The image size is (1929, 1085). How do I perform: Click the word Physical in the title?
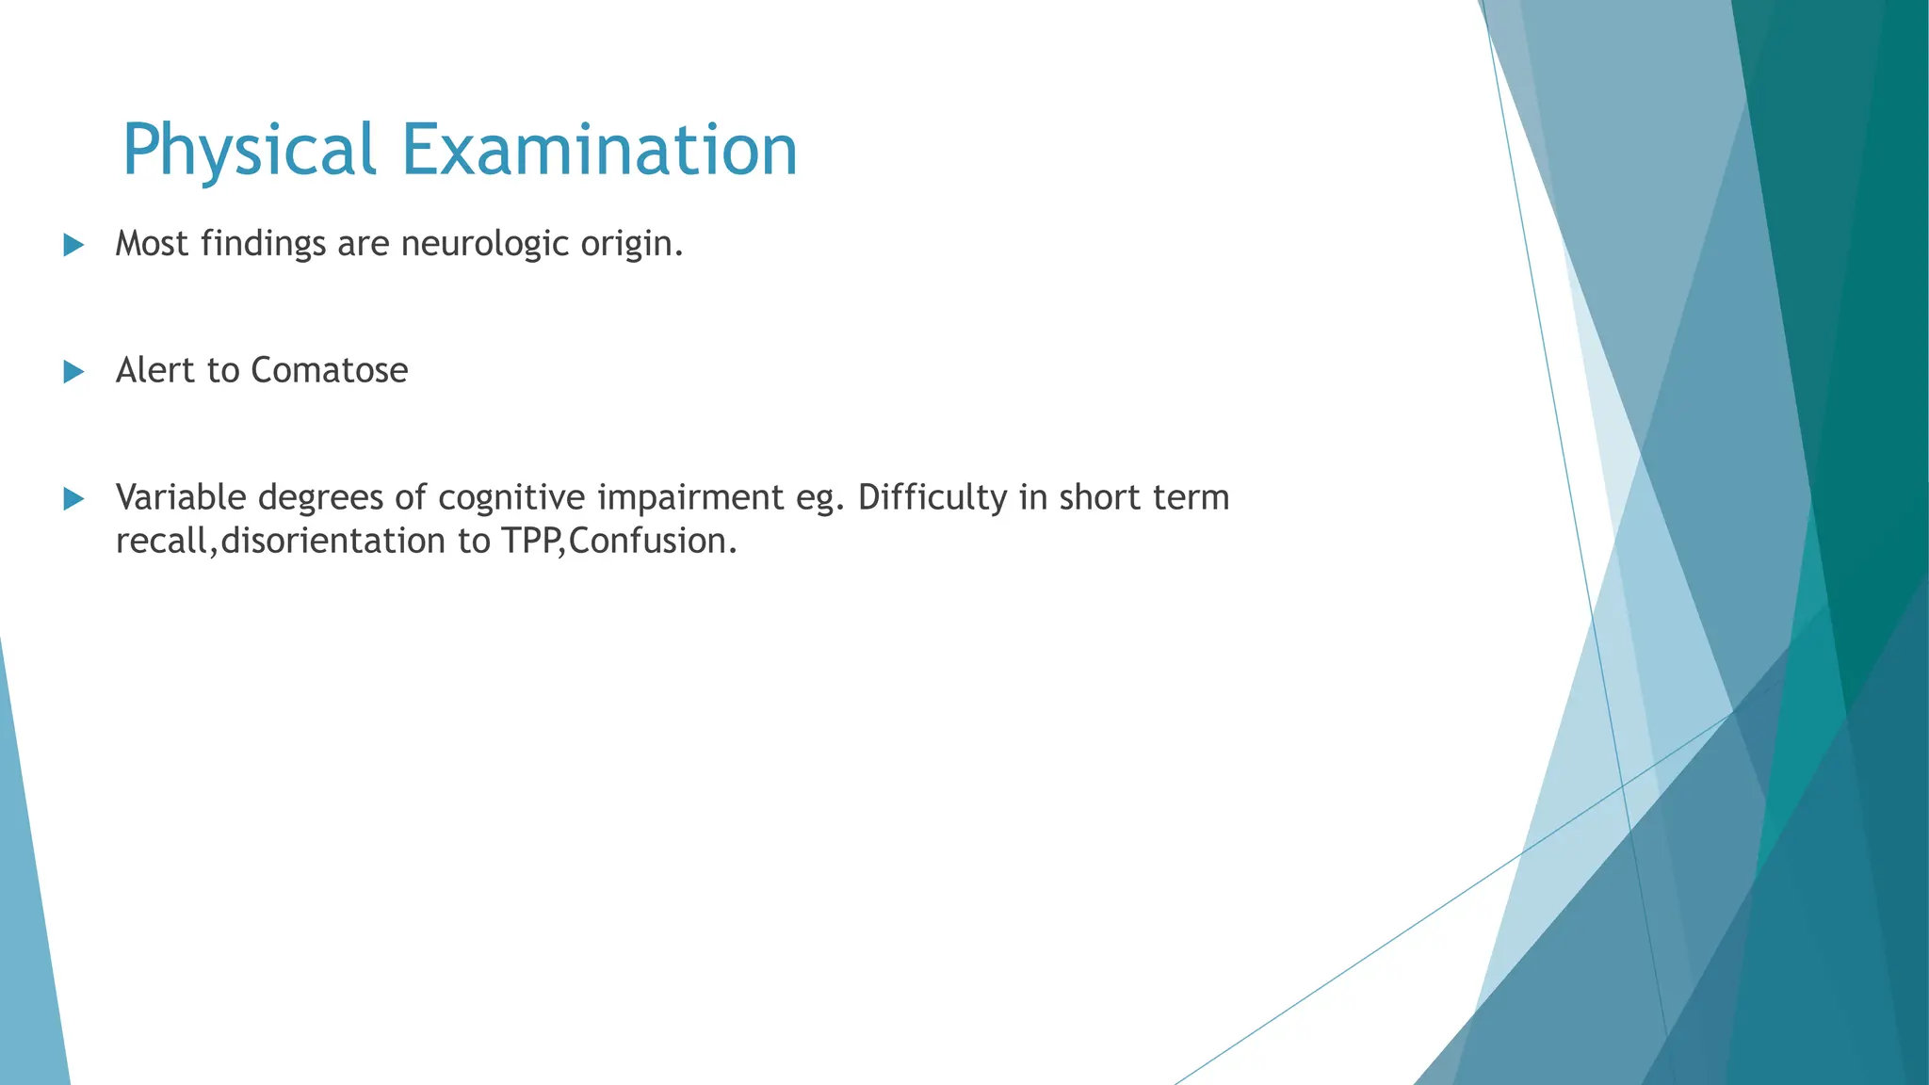pyautogui.click(x=249, y=151)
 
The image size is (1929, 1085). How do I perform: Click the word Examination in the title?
pyautogui.click(x=600, y=151)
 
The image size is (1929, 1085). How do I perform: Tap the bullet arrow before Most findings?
pyautogui.click(x=73, y=246)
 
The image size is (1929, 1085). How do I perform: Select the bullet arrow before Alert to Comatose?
pyautogui.click(x=73, y=372)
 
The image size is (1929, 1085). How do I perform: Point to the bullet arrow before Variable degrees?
pyautogui.click(x=73, y=499)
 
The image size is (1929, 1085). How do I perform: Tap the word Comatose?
pyautogui.click(x=329, y=370)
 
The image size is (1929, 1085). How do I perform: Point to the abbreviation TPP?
pyautogui.click(x=531, y=542)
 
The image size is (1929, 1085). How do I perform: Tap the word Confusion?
pyautogui.click(x=652, y=542)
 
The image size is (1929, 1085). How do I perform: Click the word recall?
pyautogui.click(x=162, y=542)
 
